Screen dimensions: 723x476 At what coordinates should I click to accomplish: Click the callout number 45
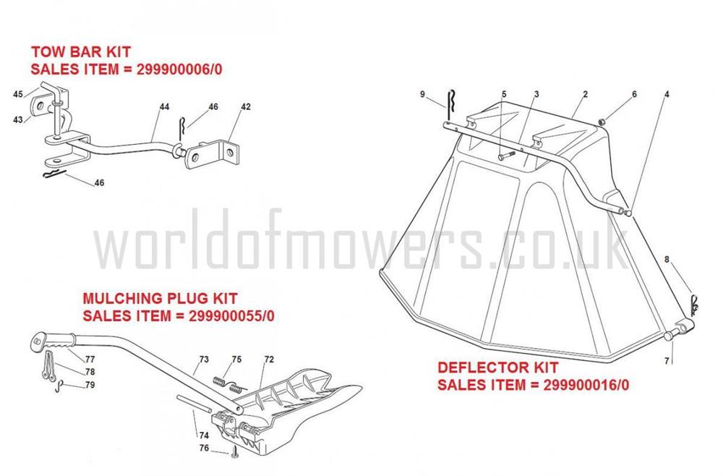coord(18,94)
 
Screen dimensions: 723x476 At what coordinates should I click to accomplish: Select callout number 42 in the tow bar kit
coord(246,106)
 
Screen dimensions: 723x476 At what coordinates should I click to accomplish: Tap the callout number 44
coord(164,106)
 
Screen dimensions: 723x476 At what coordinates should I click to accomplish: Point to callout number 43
coord(18,119)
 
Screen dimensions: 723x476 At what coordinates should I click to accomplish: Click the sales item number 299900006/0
coord(179,69)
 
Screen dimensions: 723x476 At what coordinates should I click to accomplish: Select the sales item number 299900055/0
coord(231,316)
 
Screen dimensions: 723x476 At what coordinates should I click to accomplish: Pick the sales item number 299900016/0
coord(586,385)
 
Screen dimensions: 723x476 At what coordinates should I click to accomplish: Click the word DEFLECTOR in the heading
coord(476,367)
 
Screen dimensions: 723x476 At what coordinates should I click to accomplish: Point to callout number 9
coord(423,94)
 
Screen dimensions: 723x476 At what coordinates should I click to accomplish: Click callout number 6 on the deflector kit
coord(635,94)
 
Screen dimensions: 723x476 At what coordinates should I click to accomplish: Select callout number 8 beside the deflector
coord(667,260)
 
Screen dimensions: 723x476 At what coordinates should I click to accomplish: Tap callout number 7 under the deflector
coord(667,361)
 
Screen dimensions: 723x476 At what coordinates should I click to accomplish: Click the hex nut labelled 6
coord(602,122)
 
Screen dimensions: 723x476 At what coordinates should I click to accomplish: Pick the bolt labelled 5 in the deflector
coord(506,155)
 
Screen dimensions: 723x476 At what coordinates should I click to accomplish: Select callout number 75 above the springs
coord(236,360)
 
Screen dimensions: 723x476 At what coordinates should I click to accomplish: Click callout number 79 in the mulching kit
coord(90,385)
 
